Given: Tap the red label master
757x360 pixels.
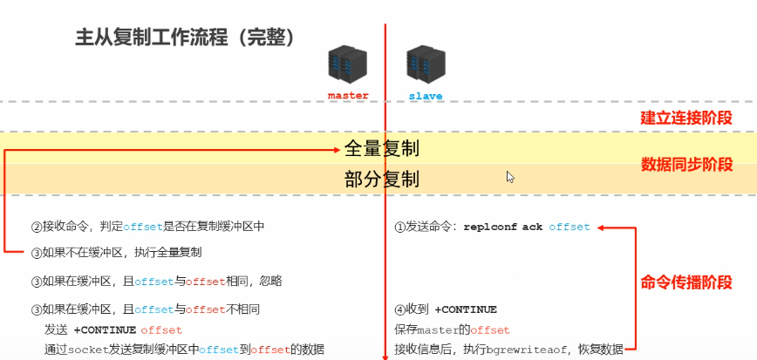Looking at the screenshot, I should pyautogui.click(x=348, y=95).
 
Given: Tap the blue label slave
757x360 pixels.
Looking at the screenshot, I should pyautogui.click(x=426, y=96).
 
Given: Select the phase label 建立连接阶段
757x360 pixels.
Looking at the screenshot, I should pyautogui.click(x=686, y=118).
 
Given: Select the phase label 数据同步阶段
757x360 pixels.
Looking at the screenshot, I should pyautogui.click(x=686, y=165).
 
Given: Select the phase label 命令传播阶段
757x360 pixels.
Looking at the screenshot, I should pyautogui.click(x=686, y=282).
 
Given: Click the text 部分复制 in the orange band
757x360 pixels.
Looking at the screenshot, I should pyautogui.click(x=382, y=180).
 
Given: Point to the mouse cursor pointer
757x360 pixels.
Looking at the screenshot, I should pyautogui.click(x=510, y=176).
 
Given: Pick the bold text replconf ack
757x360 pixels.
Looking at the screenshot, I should pyautogui.click(x=503, y=228).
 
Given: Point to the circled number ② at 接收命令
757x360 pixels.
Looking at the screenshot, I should pyautogui.click(x=37, y=227).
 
